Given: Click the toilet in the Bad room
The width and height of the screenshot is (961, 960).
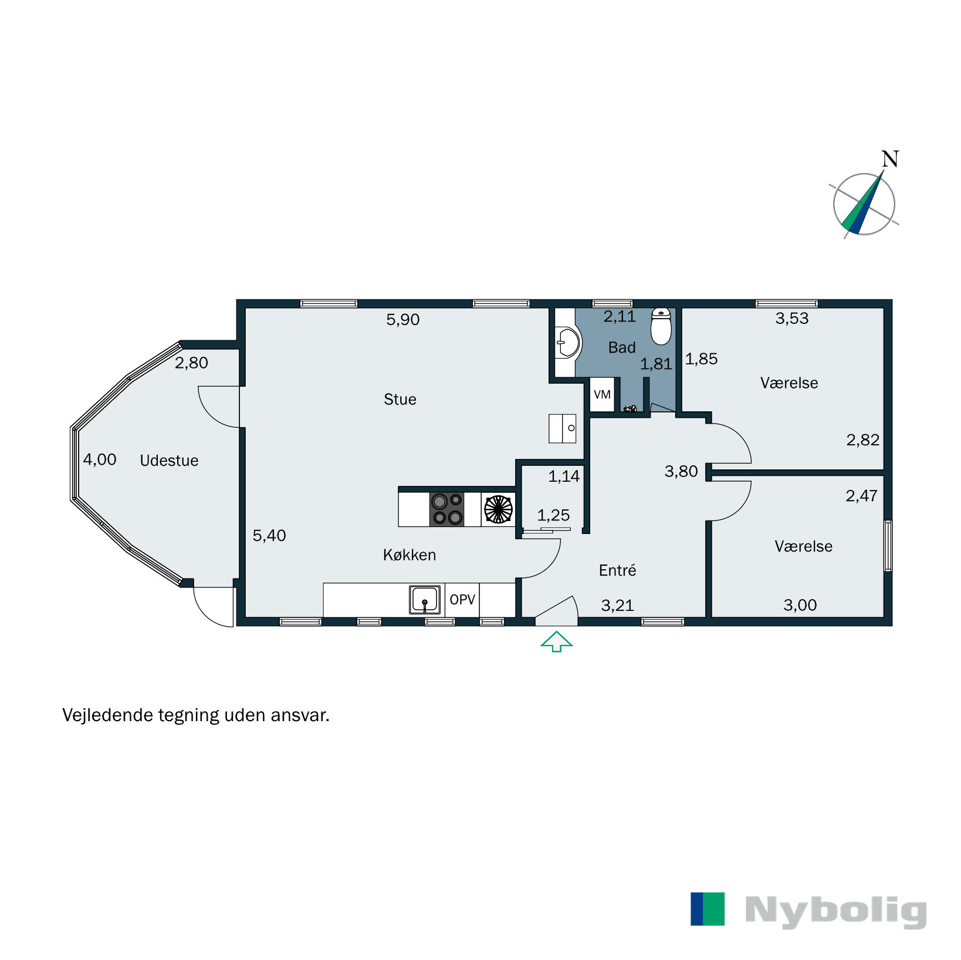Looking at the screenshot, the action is (x=661, y=327).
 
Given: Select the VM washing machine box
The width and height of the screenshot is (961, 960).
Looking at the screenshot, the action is (x=602, y=394).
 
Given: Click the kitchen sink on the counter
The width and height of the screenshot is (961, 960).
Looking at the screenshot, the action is (x=425, y=600).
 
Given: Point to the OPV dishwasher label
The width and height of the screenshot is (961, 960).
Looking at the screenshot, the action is (x=462, y=600).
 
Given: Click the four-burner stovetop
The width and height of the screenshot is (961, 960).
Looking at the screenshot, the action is (x=447, y=509).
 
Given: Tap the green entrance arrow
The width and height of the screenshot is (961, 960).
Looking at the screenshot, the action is (x=556, y=641).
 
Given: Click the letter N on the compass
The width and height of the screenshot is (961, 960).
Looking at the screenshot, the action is (x=890, y=159).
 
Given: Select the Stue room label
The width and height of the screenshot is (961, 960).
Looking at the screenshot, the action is (x=400, y=400).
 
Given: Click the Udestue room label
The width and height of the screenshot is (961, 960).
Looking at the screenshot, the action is (x=169, y=461).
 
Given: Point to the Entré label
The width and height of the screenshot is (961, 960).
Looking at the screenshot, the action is (x=617, y=570).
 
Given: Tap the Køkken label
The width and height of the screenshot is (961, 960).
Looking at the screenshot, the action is (x=410, y=555).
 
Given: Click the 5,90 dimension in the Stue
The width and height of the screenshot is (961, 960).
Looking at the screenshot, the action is (x=403, y=320).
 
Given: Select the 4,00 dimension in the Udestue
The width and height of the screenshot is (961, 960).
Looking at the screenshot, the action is (x=100, y=459).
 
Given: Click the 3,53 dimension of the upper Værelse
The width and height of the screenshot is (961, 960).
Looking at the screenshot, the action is (x=792, y=319).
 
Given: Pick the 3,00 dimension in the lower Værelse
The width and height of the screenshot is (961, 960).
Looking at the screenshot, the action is (x=800, y=605).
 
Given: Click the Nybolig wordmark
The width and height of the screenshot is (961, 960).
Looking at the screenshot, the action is (x=835, y=911).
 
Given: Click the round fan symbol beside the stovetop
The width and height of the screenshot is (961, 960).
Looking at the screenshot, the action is (x=498, y=509).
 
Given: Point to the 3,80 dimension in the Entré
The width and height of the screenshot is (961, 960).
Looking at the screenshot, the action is (x=681, y=472).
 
